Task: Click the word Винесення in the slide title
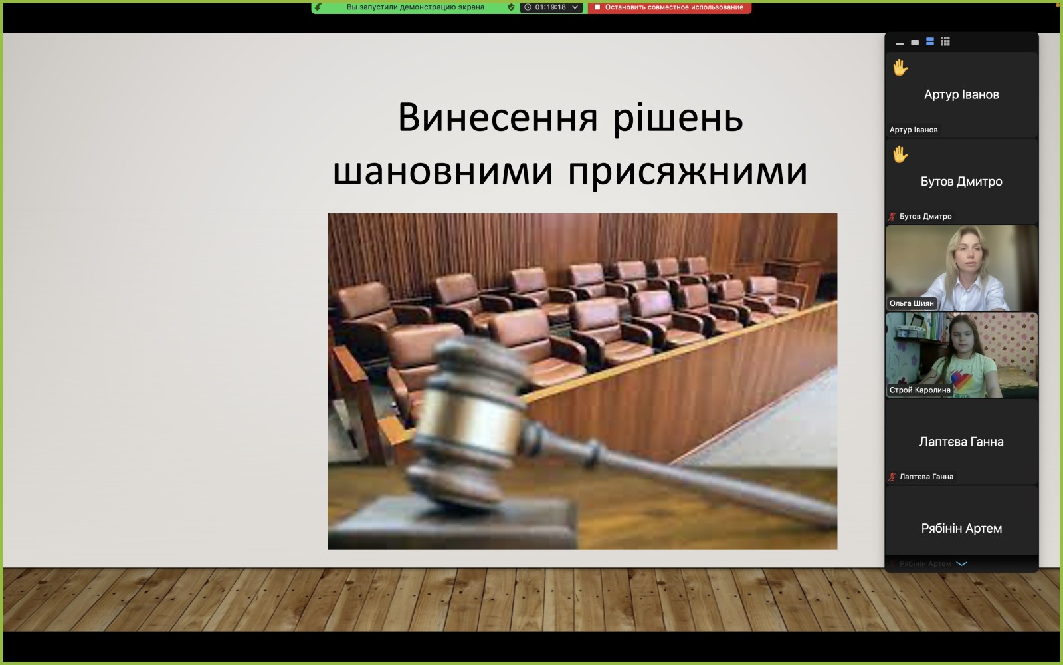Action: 498,117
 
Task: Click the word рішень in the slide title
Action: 678,118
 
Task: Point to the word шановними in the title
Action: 443,171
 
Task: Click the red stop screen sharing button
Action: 669,7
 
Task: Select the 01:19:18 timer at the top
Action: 551,7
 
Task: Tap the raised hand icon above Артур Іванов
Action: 900,67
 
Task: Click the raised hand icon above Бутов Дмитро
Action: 900,154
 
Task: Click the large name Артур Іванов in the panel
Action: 961,94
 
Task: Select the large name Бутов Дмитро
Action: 961,182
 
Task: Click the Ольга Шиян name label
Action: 912,303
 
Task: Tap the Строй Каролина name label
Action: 919,390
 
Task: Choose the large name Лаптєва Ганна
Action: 961,442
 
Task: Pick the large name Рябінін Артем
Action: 961,528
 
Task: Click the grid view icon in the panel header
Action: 945,42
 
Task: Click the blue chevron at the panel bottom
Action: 961,564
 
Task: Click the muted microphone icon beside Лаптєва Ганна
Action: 893,477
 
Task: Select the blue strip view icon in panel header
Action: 930,42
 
